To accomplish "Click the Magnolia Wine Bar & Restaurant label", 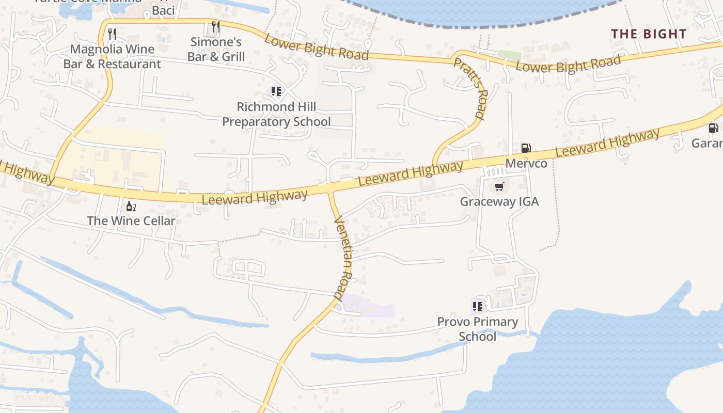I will coord(112,57).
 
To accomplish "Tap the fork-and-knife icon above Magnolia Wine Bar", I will coord(112,34).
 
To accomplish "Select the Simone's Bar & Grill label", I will coord(216,49).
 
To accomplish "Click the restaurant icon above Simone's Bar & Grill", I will coord(216,26).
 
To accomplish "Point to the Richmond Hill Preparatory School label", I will coord(276,114).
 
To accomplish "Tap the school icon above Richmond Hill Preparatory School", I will coord(276,91).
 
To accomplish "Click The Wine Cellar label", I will coord(131,221).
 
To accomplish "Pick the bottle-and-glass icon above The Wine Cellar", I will coord(131,206).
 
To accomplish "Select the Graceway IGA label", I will coord(499,201).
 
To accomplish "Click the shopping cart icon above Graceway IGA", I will coord(499,186).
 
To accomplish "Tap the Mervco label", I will coord(526,164).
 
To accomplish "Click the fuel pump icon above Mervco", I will coord(526,148).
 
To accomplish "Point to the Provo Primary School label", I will coord(478,329).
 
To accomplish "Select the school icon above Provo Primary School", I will coord(478,307).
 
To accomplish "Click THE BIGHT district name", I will coord(649,34).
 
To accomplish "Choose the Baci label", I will coord(163,10).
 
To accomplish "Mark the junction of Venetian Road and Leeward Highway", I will coord(330,189).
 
